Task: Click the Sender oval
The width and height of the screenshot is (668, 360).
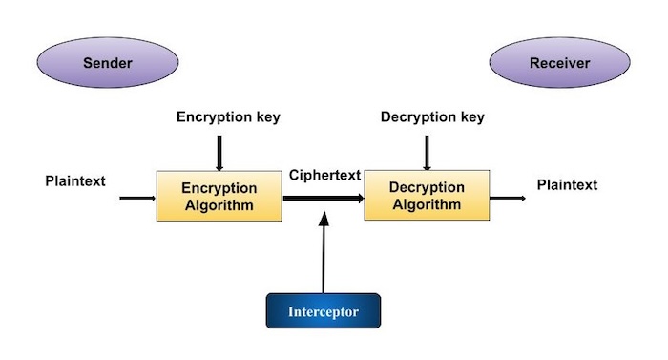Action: (x=107, y=64)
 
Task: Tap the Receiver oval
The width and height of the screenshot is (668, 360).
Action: (x=559, y=64)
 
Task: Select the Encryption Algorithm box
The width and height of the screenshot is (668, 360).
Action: (x=220, y=196)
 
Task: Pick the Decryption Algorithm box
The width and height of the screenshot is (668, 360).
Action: (x=426, y=196)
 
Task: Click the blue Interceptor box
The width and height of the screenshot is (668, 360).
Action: (x=324, y=311)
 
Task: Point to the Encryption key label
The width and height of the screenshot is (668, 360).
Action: (x=228, y=117)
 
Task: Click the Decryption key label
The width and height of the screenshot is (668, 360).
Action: (x=432, y=117)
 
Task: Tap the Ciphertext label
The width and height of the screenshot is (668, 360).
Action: (x=324, y=175)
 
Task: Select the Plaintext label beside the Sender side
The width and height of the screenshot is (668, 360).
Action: (x=75, y=180)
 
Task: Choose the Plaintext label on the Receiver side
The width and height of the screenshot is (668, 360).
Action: (x=567, y=184)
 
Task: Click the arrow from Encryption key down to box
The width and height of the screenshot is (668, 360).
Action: (x=219, y=152)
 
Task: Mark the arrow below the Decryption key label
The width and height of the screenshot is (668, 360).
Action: (x=427, y=152)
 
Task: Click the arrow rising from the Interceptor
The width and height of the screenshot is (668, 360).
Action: (x=324, y=253)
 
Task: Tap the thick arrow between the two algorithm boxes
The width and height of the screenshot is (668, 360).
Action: (x=324, y=199)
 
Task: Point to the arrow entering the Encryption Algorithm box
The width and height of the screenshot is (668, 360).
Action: (x=137, y=199)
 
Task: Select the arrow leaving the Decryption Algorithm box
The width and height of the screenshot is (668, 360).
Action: (x=507, y=199)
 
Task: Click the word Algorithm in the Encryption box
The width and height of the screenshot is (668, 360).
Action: (x=220, y=205)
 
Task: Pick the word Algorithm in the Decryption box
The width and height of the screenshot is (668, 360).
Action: (x=426, y=205)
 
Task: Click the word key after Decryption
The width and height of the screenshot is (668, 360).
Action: (x=469, y=117)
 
